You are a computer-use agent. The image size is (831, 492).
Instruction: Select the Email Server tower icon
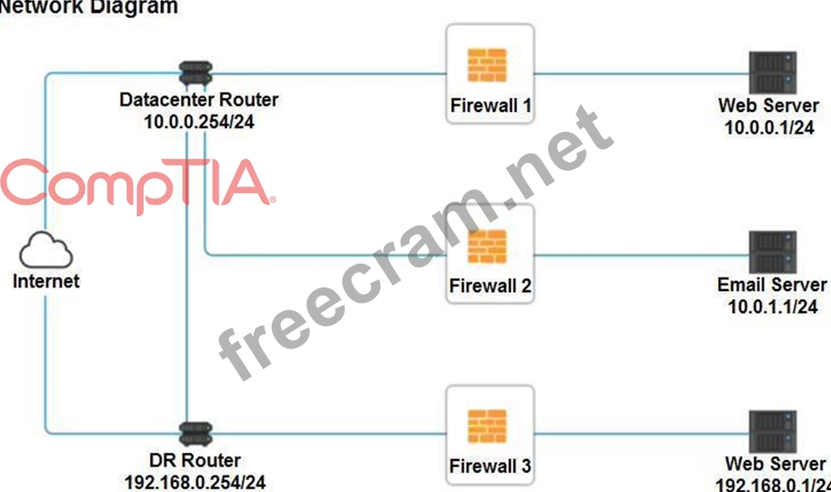click(x=772, y=253)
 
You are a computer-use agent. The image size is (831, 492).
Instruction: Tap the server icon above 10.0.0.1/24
click(x=772, y=74)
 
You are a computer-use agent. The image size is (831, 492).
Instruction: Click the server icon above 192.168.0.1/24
click(x=772, y=433)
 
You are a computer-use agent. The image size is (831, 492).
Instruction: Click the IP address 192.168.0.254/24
click(x=195, y=482)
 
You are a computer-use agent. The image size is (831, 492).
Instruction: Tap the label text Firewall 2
click(x=490, y=286)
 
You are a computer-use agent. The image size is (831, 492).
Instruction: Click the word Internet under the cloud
click(x=45, y=281)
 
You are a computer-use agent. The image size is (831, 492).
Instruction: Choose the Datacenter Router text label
click(x=199, y=100)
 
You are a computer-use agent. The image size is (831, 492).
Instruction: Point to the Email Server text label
click(x=772, y=285)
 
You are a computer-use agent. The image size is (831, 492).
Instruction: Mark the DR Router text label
click(x=195, y=461)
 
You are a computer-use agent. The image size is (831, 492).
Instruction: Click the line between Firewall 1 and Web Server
click(x=640, y=74)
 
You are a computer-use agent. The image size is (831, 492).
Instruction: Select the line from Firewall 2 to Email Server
click(x=640, y=255)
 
